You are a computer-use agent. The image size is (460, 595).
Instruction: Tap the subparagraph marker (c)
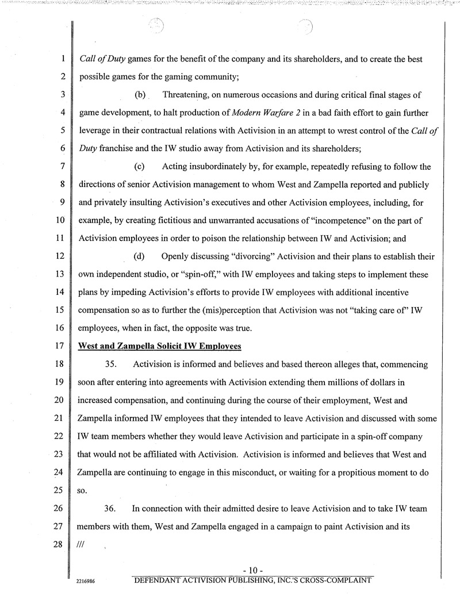139,167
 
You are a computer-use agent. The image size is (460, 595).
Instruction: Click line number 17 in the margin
58,348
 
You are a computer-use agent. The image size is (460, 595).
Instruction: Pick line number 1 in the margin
60,58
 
